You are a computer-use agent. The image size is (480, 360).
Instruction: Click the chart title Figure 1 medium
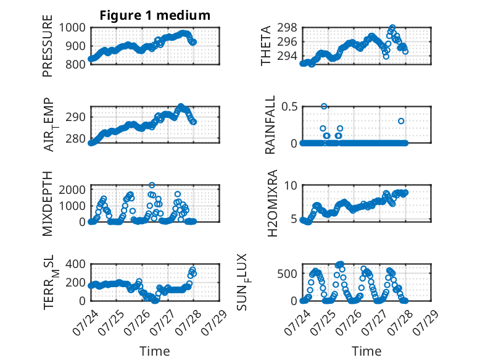coord(155,15)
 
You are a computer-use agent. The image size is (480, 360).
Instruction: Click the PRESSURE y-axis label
coord(48,46)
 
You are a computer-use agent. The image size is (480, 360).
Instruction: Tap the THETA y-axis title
coord(266,46)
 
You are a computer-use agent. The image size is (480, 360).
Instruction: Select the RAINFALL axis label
coord(270,125)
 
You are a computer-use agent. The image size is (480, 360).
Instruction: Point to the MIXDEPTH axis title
coord(48,204)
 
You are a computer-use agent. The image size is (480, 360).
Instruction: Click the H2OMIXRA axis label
coord(273,203)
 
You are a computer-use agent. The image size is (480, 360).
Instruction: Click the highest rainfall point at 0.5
coord(324,106)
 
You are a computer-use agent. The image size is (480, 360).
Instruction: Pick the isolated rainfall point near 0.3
coord(401,121)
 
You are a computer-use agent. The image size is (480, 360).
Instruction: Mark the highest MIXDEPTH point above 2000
coord(152,185)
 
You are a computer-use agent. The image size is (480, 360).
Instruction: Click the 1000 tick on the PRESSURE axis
coord(72,28)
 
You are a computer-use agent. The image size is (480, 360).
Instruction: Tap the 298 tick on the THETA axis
coord(288,28)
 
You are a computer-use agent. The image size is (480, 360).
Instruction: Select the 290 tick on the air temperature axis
coord(76,117)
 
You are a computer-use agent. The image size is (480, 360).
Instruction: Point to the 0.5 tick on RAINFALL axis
coord(289,107)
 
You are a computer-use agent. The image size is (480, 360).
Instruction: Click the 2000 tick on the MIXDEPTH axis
coord(72,190)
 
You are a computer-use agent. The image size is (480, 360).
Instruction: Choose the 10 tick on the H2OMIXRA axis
coord(291,185)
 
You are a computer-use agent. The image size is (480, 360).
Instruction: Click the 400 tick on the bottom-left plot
coord(76,264)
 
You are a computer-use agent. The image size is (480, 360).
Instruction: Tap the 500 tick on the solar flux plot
coord(288,274)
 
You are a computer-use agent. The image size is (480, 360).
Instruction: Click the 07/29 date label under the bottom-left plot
coord(215,322)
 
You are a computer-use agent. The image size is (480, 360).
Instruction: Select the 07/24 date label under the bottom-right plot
coord(297,322)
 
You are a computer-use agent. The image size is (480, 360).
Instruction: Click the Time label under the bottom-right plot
coord(366,351)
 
